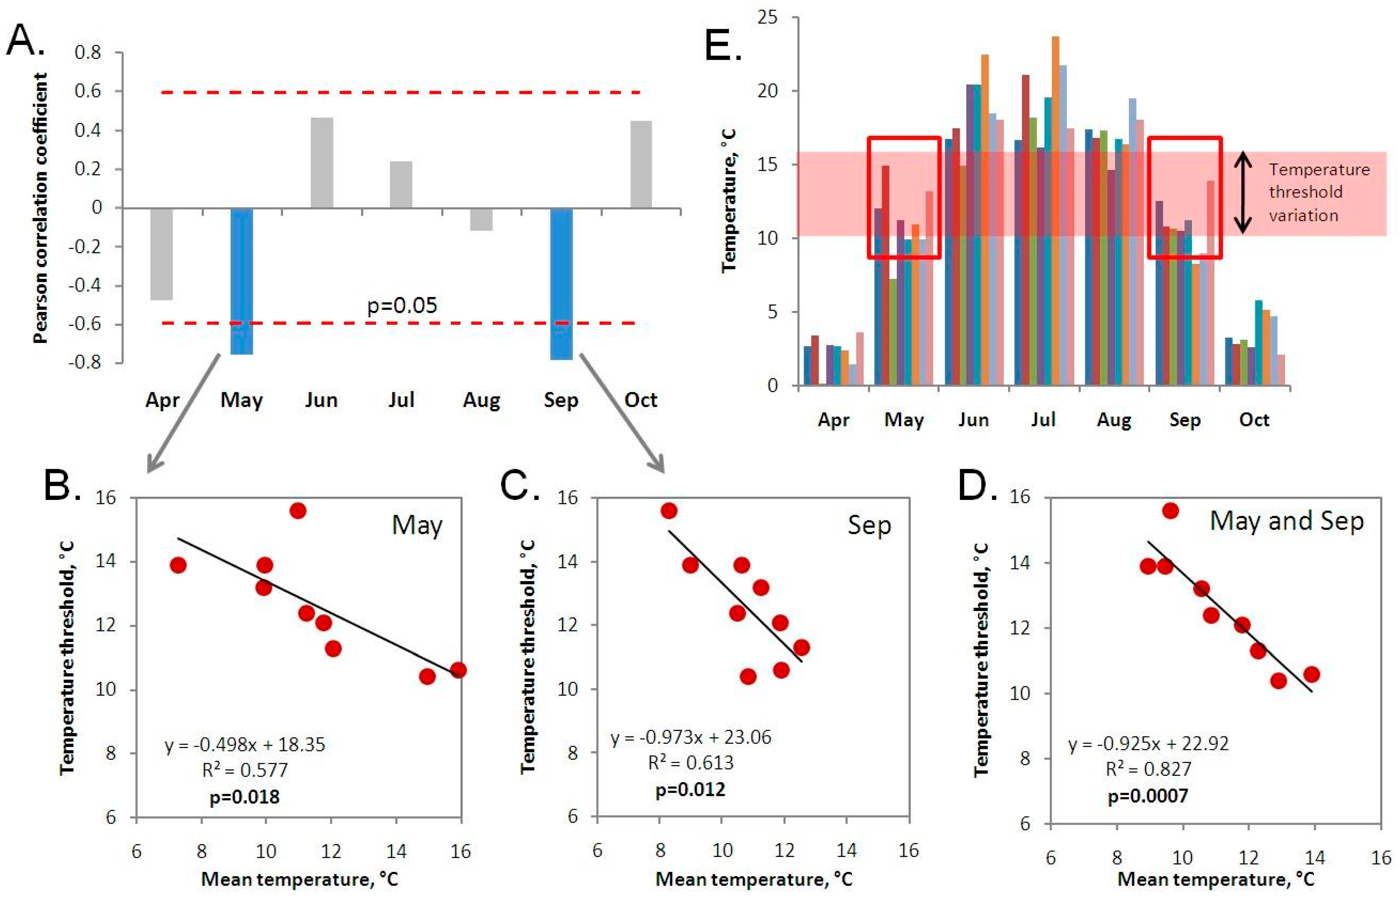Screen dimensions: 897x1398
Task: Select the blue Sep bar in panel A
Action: point(561,284)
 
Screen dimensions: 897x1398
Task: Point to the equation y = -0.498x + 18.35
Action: point(244,744)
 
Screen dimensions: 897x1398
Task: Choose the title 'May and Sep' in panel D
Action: point(1287,521)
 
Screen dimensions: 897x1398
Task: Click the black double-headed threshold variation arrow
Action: point(1243,192)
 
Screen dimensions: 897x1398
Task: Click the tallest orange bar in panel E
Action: point(1055,210)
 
